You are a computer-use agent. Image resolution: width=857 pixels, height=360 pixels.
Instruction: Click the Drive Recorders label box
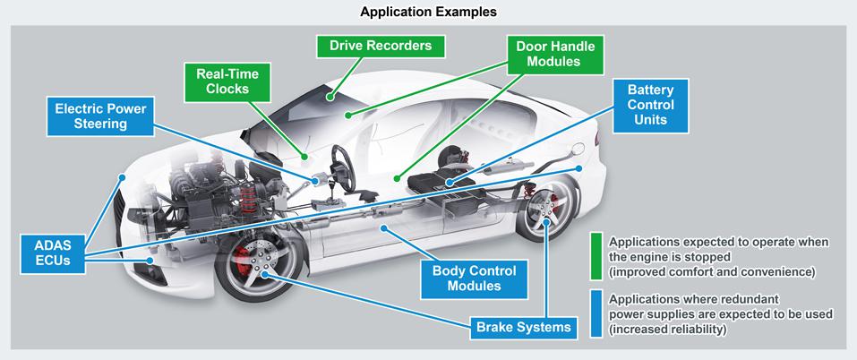click(x=381, y=46)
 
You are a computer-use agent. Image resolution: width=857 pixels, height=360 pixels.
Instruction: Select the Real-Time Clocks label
click(x=227, y=82)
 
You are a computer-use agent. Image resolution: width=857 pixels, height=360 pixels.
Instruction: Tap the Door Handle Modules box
click(x=555, y=54)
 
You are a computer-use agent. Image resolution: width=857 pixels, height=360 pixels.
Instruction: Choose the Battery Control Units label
click(x=650, y=106)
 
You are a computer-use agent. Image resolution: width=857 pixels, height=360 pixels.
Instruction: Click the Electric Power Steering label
click(x=100, y=116)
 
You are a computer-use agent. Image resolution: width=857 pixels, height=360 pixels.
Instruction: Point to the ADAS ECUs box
click(x=54, y=253)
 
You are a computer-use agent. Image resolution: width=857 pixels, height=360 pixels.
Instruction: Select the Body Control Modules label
click(x=474, y=279)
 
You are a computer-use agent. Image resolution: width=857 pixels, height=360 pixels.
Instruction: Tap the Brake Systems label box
click(x=524, y=327)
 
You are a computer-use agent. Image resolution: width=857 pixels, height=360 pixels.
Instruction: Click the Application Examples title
click(x=428, y=12)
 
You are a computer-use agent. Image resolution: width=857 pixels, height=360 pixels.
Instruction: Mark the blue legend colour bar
click(x=596, y=313)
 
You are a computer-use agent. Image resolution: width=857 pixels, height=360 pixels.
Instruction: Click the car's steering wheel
click(x=343, y=169)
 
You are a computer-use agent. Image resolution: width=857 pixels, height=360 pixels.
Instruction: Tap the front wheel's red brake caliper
click(x=242, y=261)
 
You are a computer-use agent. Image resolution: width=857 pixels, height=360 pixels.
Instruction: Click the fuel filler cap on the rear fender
click(x=577, y=150)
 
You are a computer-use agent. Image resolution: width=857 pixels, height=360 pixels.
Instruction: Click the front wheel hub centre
click(x=264, y=272)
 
